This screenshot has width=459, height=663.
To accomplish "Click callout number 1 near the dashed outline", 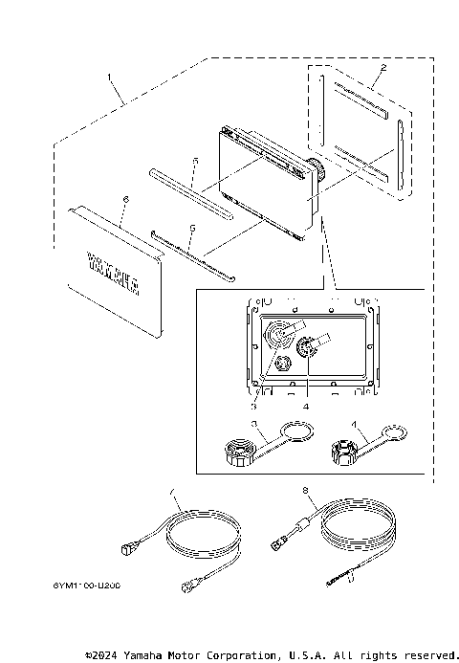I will (x=110, y=76).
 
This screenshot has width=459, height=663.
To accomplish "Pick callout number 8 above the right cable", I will (x=304, y=491).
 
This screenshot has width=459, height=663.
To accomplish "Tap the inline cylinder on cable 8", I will (x=303, y=525).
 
